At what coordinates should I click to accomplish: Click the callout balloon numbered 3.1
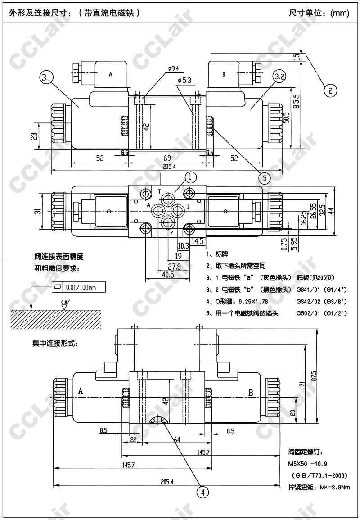[46, 77]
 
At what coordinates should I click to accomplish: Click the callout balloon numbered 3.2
[279, 77]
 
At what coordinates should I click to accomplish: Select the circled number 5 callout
[265, 177]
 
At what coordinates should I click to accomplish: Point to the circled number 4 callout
[203, 493]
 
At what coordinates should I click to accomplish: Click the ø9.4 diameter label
[173, 68]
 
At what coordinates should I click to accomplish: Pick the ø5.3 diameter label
[185, 80]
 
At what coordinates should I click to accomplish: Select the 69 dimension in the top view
[167, 158]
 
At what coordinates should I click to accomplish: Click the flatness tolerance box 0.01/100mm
[79, 287]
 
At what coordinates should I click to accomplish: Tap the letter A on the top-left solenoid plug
[111, 74]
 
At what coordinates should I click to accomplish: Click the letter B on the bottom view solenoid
[251, 392]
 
